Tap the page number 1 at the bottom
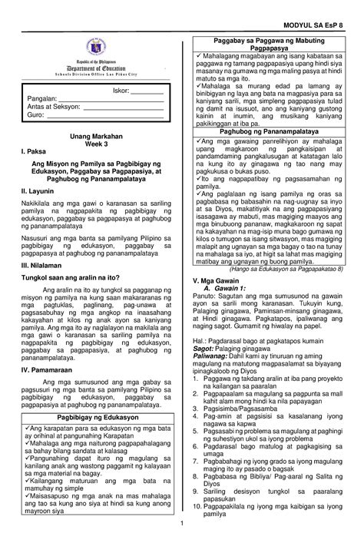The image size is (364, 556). click(x=182, y=545)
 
